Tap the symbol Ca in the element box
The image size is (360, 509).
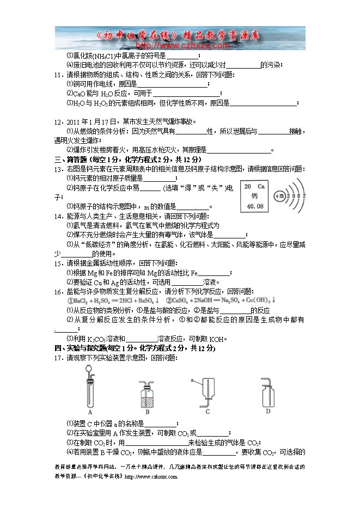pos(261,187)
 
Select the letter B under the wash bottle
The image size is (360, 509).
pos(147,412)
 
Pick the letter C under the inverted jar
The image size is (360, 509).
pos(208,412)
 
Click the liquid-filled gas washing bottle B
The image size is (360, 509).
pos(148,396)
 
